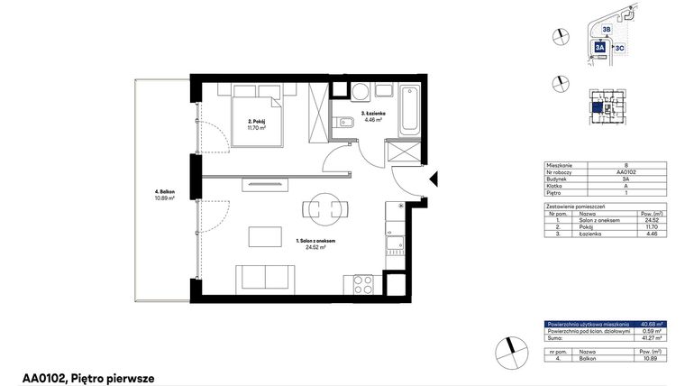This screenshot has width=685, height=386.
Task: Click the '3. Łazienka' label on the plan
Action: click(x=372, y=115)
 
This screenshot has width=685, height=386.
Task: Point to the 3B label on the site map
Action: click(x=607, y=29)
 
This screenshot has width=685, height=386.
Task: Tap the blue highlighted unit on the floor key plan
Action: click(x=598, y=106)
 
